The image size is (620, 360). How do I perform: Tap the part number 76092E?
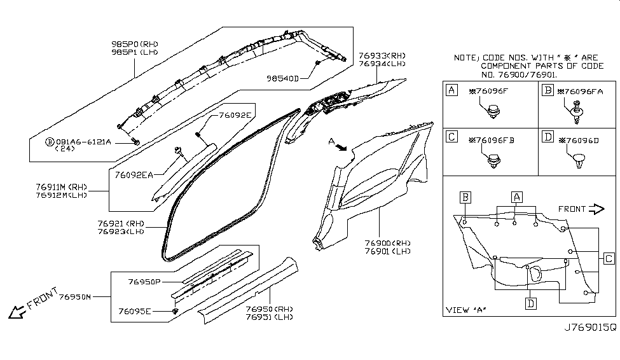click(235, 116)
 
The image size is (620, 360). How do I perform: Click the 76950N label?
click(75, 296)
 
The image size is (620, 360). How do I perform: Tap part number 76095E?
click(135, 311)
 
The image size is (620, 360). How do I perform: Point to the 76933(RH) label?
click(382, 56)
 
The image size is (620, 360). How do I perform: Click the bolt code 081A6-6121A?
click(83, 142)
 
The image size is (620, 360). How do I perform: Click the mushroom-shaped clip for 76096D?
click(577, 160)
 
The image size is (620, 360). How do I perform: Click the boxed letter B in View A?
click(465, 197)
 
